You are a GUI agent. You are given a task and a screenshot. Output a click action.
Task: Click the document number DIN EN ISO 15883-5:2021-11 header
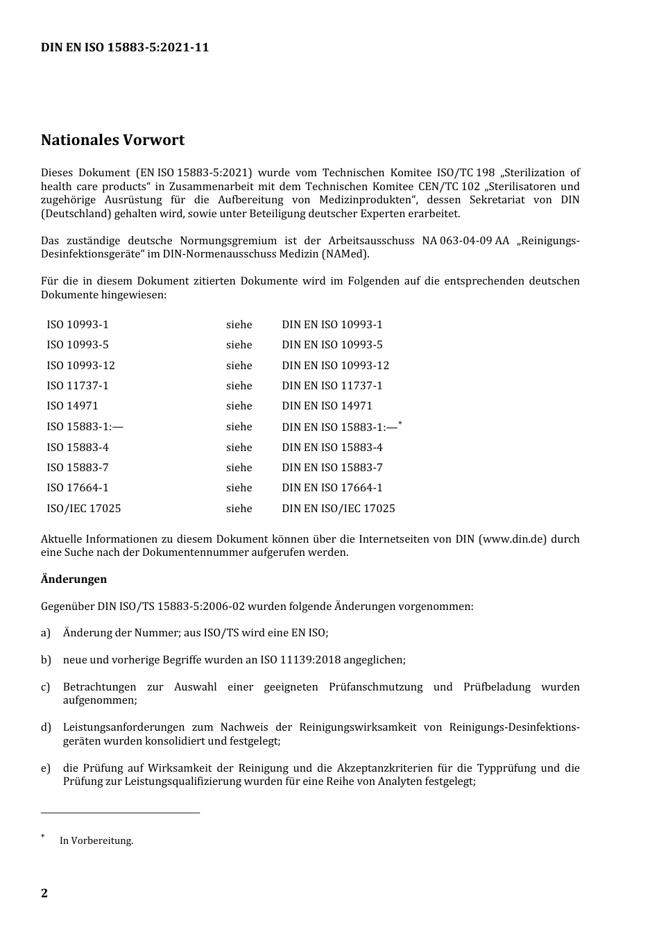coord(125,48)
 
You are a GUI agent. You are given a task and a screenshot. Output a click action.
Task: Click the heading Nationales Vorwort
coord(112,140)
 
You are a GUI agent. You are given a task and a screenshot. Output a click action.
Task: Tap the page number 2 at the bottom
coord(44,893)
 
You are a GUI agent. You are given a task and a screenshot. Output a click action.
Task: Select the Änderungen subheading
coord(74,579)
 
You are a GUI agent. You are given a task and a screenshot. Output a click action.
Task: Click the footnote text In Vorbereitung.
coord(96,840)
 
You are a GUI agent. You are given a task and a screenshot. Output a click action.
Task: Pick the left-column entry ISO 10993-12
coord(80,365)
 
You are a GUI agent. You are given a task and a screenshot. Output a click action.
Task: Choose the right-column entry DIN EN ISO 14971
coord(327,406)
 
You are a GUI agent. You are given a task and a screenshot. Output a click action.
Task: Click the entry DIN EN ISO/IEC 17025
coord(338,509)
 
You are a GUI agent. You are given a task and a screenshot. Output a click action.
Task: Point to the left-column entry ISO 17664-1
coord(78,488)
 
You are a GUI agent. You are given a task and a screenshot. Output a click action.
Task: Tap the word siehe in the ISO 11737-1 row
coord(239,386)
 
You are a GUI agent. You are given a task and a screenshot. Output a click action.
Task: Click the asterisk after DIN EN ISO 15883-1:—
coord(400,423)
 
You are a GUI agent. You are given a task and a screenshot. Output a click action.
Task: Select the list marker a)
coord(46,633)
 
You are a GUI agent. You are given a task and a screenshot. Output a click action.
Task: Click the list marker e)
coord(46,768)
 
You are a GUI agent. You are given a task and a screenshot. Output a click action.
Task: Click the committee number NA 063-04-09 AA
coord(465,241)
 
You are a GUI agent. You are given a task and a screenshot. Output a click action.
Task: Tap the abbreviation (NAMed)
coord(345,254)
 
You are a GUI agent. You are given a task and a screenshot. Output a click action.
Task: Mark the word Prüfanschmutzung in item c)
coord(375,687)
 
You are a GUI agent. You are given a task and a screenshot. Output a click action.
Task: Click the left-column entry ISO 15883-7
coord(78,468)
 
